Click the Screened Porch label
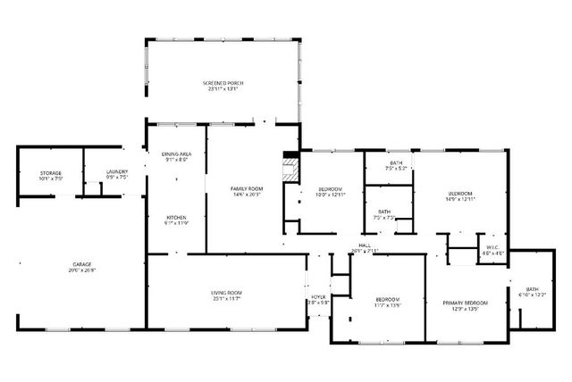tap(222, 83)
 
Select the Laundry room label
tap(117, 172)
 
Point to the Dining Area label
tap(176, 155)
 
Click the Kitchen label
tap(175, 218)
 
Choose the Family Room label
tap(246, 188)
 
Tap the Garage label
tap(82, 265)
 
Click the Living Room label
tap(226, 293)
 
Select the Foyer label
tap(318, 297)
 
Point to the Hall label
tap(365, 245)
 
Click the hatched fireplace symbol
tap(289, 170)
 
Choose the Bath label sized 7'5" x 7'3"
tap(383, 211)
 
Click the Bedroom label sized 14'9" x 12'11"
tap(460, 194)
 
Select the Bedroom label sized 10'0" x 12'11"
tap(331, 189)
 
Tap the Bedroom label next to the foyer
tap(387, 299)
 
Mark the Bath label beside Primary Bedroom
tap(532, 289)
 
